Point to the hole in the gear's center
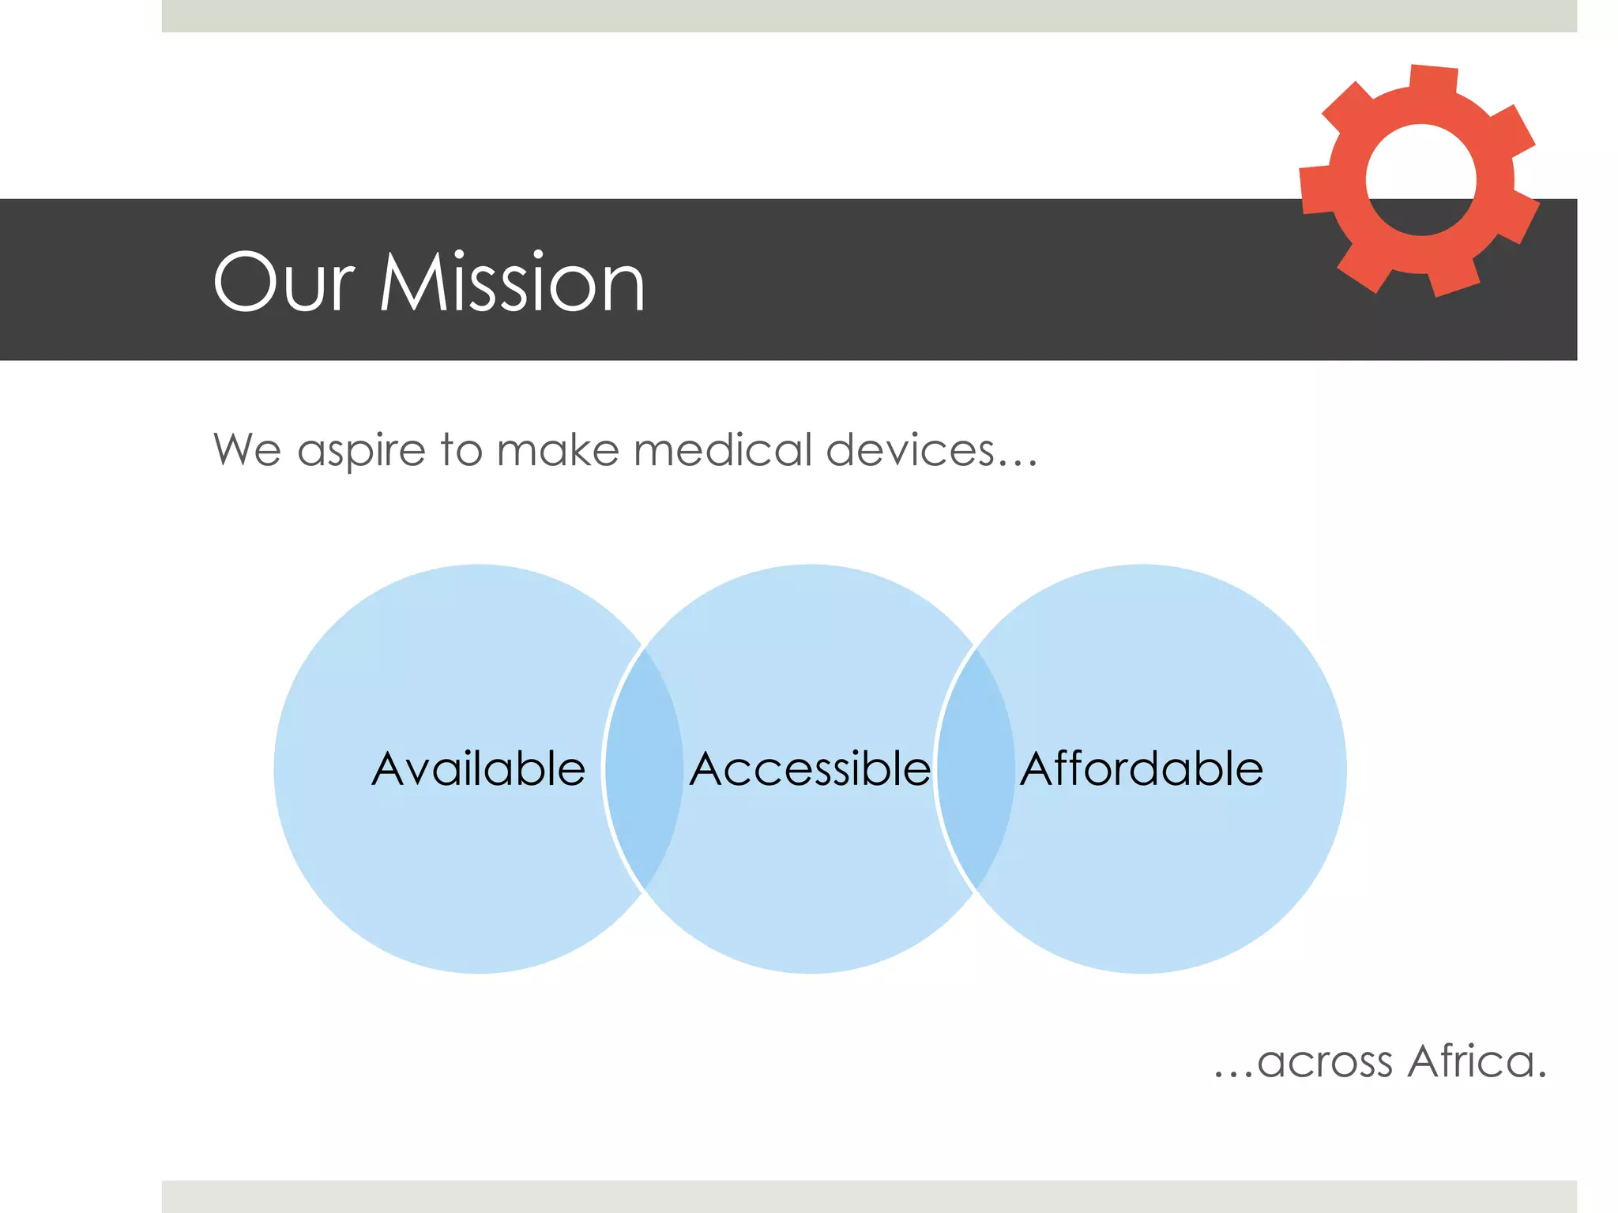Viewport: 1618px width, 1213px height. point(1420,180)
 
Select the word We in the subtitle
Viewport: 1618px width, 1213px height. point(246,450)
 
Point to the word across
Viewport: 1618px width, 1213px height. point(1325,1063)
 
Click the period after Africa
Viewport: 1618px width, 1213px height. point(1541,1075)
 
